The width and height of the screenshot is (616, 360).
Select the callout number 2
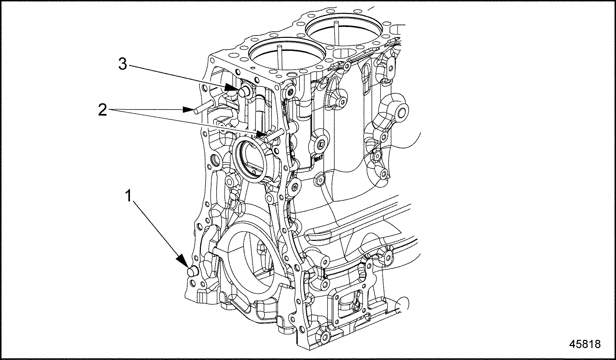(x=102, y=110)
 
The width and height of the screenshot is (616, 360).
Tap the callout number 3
(x=123, y=64)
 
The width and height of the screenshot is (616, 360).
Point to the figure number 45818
(x=585, y=344)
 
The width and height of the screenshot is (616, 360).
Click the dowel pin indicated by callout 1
(x=193, y=271)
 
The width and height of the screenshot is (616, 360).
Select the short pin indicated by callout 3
(x=245, y=91)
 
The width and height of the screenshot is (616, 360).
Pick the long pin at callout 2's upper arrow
(x=204, y=107)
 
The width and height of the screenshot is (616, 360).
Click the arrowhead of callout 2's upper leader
(x=189, y=110)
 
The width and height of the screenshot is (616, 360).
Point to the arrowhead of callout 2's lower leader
(x=260, y=134)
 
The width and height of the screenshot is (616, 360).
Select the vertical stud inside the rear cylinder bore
(x=336, y=33)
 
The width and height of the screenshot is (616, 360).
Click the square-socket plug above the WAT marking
(x=321, y=145)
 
